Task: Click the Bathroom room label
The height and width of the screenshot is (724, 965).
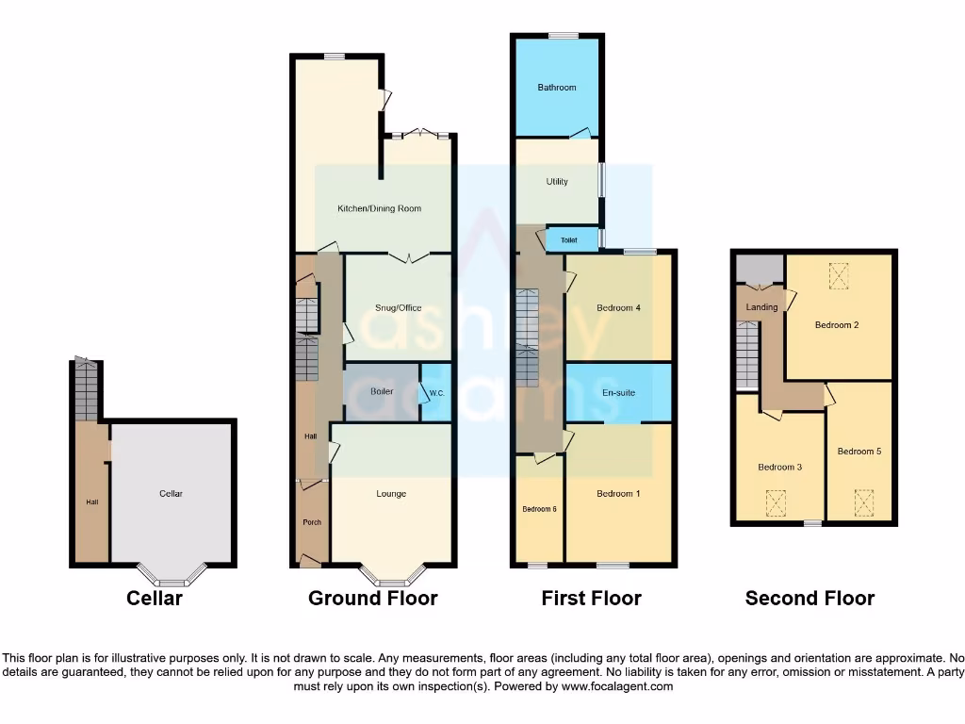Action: pos(557,88)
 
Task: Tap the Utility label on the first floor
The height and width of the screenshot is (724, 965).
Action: pos(557,182)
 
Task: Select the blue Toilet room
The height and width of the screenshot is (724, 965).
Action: pos(569,240)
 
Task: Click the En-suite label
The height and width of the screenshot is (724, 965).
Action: pos(618,393)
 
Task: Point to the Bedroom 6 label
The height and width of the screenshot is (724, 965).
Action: pos(540,509)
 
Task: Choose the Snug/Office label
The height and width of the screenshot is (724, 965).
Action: pos(398,308)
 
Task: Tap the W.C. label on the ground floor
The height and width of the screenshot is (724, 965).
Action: pos(436,393)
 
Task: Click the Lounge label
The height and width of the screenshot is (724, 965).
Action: pos(391,493)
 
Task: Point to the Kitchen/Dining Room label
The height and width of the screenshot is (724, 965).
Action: pos(380,208)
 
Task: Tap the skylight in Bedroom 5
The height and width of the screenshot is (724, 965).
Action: pos(863,502)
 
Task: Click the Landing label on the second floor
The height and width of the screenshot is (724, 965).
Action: pos(761,307)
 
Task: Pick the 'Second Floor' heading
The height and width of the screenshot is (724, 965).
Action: pos(810,598)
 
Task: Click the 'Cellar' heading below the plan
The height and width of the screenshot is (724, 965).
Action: pos(155,598)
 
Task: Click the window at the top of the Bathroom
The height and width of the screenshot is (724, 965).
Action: pos(564,36)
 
